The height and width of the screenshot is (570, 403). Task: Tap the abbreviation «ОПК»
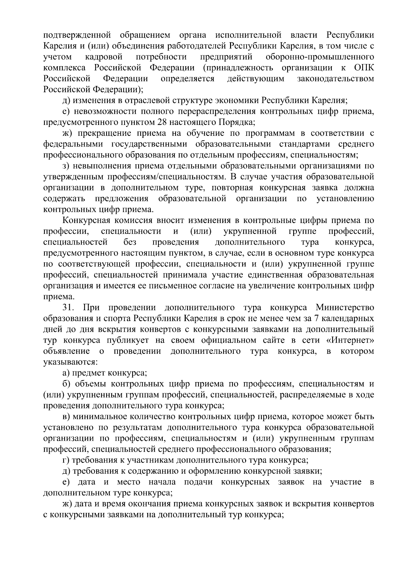(x=364, y=68)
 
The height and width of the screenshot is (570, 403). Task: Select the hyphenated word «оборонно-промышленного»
(x=320, y=57)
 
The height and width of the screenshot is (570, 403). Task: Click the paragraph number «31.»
(x=70, y=308)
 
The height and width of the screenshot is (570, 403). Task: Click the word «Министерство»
(x=345, y=308)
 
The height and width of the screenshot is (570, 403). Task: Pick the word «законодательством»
(x=335, y=79)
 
